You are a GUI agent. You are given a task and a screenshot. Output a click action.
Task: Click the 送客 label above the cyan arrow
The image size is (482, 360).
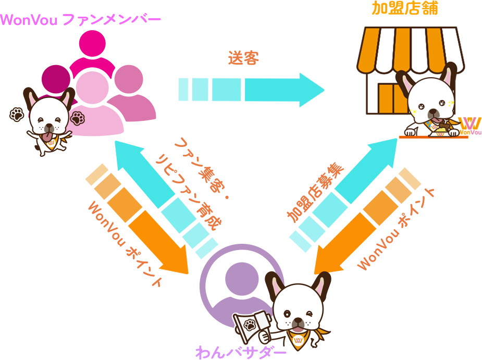pos(243,58)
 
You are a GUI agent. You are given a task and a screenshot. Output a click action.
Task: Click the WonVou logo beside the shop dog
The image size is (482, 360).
pos(471,126)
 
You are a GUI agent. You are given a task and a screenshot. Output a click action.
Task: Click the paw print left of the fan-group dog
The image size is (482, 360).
pos(16,114)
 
